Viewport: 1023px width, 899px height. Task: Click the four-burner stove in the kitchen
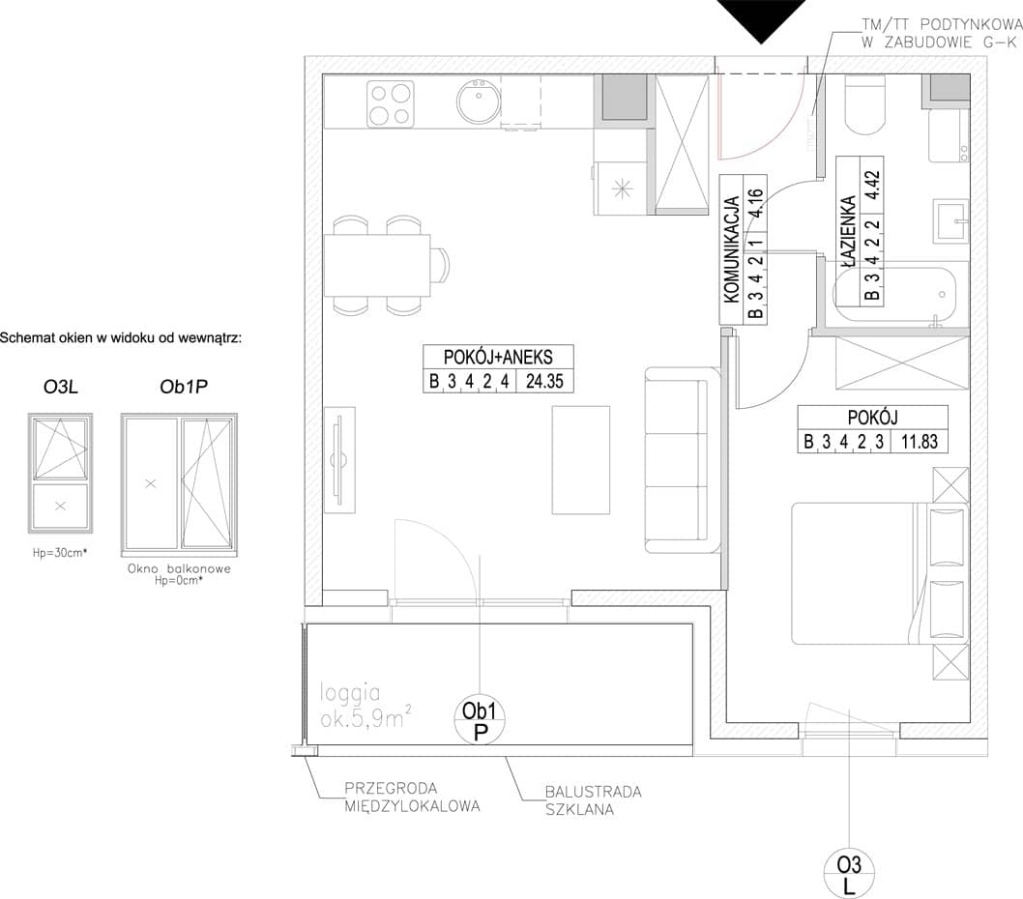point(390,103)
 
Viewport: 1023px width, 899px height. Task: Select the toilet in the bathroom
point(865,104)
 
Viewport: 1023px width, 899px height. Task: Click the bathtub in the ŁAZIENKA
point(895,295)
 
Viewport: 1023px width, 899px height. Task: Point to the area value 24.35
point(544,381)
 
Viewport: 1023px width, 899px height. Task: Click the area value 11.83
point(920,442)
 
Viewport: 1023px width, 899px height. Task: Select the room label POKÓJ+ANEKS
point(498,358)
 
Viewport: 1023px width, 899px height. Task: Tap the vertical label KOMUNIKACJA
point(731,249)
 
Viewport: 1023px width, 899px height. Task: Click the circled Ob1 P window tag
point(481,721)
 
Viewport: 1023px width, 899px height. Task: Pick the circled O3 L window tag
point(849,874)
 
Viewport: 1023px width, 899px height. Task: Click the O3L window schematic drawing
point(61,473)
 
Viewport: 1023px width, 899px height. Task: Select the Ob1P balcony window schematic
point(179,484)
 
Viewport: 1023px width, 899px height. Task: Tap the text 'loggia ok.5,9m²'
point(365,706)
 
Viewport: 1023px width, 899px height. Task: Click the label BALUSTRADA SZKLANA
point(593,800)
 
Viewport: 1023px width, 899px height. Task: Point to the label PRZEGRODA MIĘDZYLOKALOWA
point(412,797)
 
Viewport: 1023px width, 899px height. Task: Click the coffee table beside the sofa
point(581,460)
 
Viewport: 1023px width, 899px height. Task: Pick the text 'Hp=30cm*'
point(60,553)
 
